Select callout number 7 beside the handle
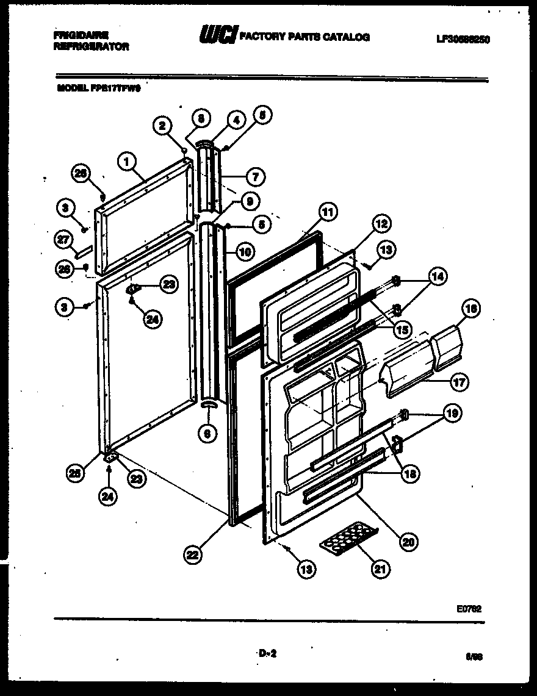click(x=254, y=178)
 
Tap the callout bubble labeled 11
click(x=328, y=212)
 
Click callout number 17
click(x=458, y=383)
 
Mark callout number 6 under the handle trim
click(x=207, y=434)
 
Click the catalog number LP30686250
click(x=463, y=39)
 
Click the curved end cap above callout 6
click(x=208, y=405)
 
